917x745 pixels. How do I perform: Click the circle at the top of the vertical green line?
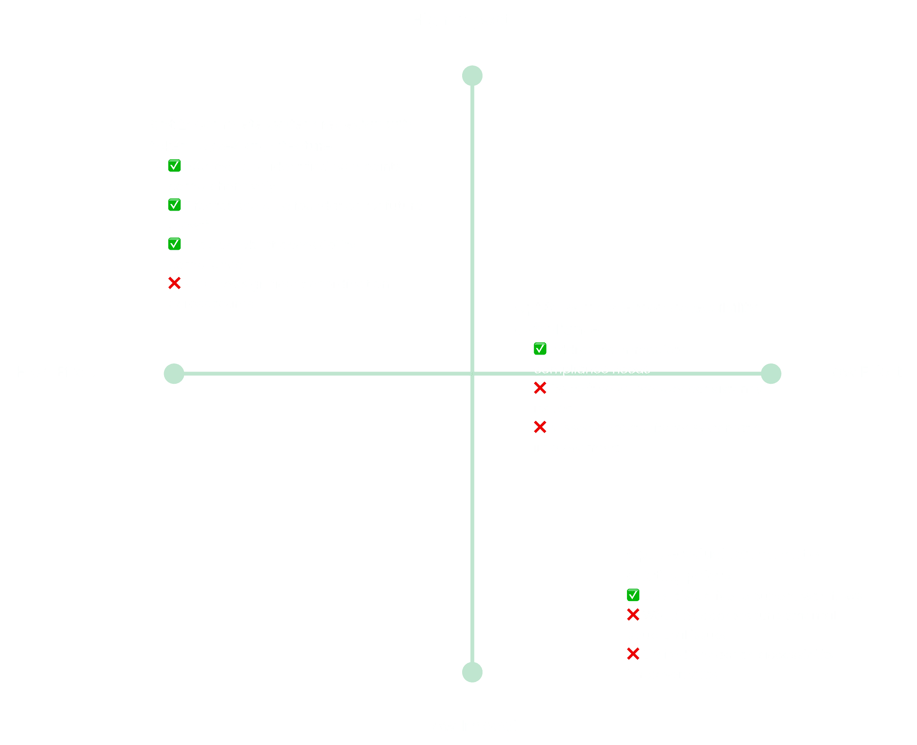[472, 76]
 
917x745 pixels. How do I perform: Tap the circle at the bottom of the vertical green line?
[472, 672]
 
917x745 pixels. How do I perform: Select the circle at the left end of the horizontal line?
[174, 374]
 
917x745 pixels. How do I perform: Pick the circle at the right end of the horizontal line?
[771, 374]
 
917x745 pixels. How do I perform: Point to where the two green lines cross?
[472, 374]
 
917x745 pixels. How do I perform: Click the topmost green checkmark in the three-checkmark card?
[174, 166]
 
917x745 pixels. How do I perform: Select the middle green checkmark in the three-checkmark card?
[174, 205]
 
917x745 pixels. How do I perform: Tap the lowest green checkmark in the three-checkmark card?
[174, 244]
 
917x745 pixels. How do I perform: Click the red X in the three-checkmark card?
[174, 283]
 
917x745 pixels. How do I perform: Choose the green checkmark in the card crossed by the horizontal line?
[540, 349]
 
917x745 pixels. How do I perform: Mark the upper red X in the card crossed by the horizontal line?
[540, 388]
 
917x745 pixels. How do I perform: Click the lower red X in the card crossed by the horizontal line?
[540, 427]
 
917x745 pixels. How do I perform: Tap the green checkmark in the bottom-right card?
[633, 595]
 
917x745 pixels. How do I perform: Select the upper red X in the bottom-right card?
[633, 615]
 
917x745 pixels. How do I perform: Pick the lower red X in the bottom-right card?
[633, 654]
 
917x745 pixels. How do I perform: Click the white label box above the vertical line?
[461, 19]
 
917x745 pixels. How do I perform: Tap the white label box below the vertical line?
[472, 726]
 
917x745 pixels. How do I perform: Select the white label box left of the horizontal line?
[57, 372]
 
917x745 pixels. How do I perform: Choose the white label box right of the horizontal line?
[863, 372]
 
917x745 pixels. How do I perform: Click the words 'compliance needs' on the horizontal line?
[592, 370]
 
